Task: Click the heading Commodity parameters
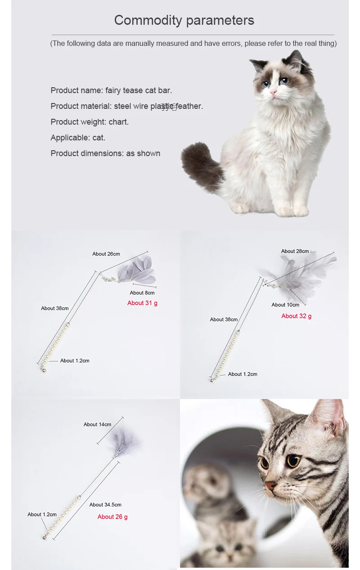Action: click(x=184, y=20)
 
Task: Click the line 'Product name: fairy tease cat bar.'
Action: click(x=111, y=90)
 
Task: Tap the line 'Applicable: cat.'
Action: click(x=78, y=138)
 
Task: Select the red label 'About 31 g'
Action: click(x=142, y=303)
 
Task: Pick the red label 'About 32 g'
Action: click(x=296, y=316)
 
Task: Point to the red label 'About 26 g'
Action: click(x=112, y=517)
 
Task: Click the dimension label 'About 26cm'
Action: click(x=106, y=254)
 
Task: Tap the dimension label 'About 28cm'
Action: click(x=295, y=251)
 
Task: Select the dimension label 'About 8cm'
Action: click(x=142, y=293)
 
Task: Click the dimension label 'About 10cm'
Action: click(x=285, y=305)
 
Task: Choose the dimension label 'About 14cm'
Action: click(x=97, y=425)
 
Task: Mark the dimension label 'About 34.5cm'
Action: click(x=105, y=505)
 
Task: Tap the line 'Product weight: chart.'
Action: click(x=90, y=122)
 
